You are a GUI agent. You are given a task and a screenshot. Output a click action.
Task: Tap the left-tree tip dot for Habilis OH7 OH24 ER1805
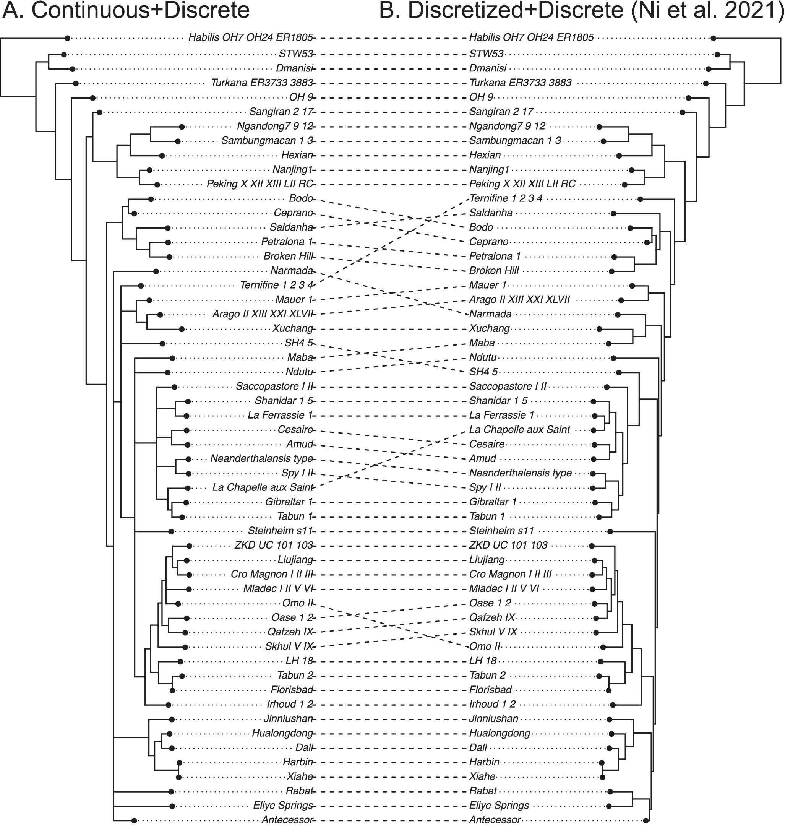point(67,39)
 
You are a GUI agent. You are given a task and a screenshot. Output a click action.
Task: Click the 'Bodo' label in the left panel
point(301,198)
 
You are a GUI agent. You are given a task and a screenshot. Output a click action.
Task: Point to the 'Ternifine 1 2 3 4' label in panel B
point(506,198)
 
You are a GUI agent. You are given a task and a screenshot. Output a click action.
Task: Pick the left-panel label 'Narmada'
point(292,270)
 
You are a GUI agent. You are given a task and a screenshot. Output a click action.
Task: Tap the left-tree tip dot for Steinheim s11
point(171,531)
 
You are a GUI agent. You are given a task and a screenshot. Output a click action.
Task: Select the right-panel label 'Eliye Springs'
point(499,806)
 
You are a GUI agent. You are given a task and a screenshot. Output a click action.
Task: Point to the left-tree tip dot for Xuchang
point(182,330)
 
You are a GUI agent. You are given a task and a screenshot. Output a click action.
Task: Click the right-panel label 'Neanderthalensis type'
point(520,473)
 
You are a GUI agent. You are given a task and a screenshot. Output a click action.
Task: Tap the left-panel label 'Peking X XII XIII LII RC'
point(260,184)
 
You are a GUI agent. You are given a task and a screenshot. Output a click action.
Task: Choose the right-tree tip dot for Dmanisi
point(709,69)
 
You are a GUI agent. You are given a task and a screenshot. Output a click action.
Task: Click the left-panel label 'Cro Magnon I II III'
point(272,574)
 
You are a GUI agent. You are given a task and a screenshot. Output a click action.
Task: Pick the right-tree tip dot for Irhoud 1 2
point(613,705)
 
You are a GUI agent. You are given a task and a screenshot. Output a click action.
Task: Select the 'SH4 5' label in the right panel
point(483,372)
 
